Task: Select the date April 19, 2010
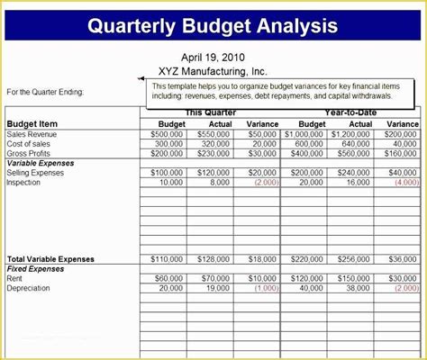point(213,56)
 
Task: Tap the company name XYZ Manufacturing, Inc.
point(213,70)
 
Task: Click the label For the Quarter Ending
point(46,92)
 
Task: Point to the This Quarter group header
point(210,112)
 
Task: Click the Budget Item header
point(32,124)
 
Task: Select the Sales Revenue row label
point(32,134)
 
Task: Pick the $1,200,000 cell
point(350,134)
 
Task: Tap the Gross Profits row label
point(30,153)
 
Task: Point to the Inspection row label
point(23,182)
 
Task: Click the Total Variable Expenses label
point(50,258)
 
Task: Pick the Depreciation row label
point(29,288)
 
